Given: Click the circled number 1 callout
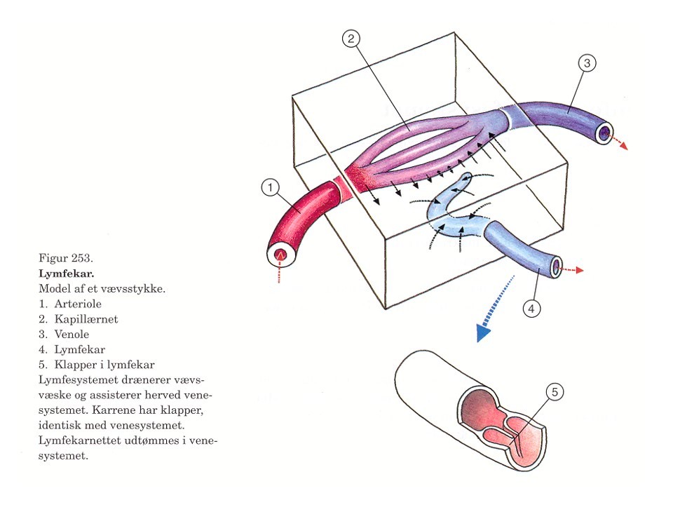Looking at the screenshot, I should (x=271, y=187).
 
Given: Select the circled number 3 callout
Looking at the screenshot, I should (x=587, y=63).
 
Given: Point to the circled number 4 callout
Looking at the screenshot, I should (x=531, y=307).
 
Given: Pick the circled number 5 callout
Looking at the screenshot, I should (x=553, y=393).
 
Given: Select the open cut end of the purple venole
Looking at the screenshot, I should (x=603, y=133).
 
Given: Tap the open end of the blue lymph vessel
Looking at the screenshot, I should (x=556, y=267).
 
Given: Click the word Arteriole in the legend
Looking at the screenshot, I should (x=78, y=304).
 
